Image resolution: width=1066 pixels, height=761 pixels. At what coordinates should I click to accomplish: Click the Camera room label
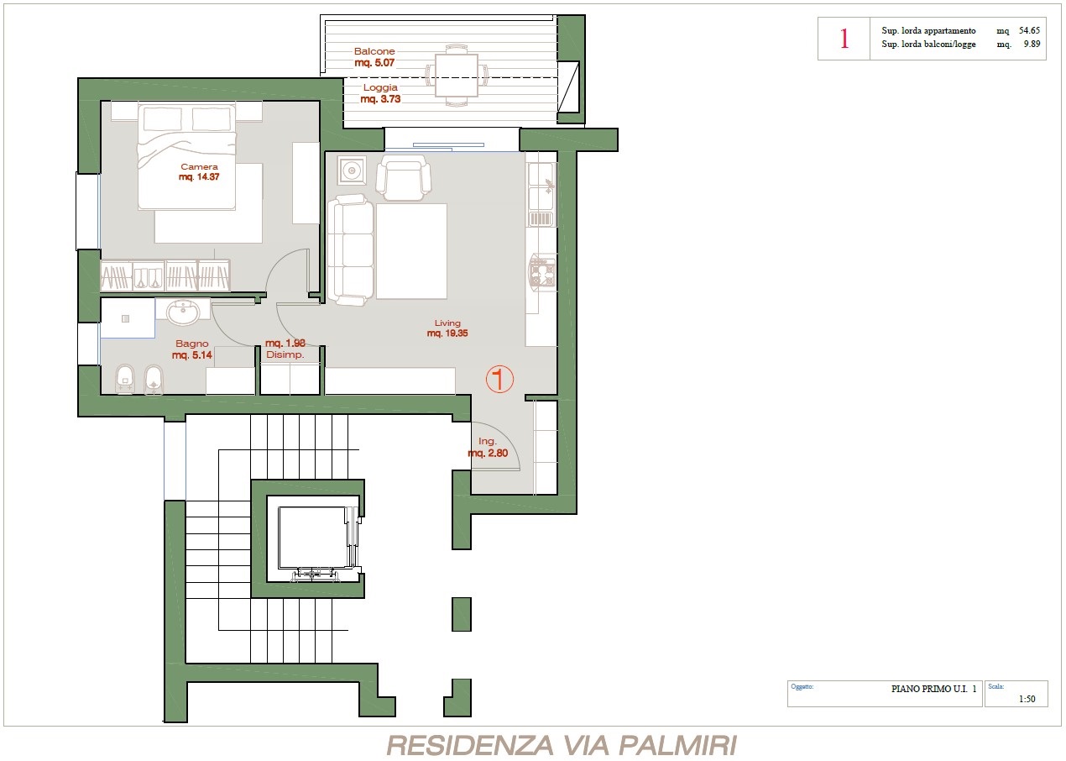(x=199, y=166)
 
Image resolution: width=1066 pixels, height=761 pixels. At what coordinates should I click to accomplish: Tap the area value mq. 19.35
(x=447, y=333)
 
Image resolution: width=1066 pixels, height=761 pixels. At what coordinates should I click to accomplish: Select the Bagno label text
(x=191, y=344)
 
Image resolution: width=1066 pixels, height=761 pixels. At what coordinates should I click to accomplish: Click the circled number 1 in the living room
(x=499, y=379)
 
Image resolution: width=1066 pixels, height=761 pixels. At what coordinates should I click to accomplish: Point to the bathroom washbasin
(x=183, y=312)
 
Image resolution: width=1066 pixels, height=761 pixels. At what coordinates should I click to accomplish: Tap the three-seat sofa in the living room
(x=351, y=249)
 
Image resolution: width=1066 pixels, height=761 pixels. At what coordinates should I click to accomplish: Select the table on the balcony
(x=457, y=75)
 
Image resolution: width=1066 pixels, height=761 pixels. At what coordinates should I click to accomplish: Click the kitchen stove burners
(x=542, y=273)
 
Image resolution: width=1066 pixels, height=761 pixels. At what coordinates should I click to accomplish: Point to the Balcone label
(x=374, y=51)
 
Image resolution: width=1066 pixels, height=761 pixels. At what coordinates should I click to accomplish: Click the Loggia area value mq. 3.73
(x=380, y=99)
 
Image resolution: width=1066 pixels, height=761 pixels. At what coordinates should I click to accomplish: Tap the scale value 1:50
(x=1027, y=699)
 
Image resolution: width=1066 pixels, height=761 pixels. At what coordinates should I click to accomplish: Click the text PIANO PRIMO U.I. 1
(x=933, y=689)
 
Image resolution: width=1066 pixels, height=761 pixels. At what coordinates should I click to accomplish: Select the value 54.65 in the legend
(x=1029, y=30)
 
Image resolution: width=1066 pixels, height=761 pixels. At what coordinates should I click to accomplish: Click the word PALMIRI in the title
(x=677, y=745)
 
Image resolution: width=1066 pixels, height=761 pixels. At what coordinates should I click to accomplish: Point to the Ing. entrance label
(x=488, y=442)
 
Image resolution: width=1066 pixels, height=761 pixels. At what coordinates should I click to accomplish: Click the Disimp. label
(x=285, y=354)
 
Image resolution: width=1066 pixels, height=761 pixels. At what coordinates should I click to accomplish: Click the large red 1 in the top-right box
(x=844, y=39)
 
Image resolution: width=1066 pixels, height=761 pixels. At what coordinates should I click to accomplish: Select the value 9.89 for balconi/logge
(x=1032, y=44)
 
